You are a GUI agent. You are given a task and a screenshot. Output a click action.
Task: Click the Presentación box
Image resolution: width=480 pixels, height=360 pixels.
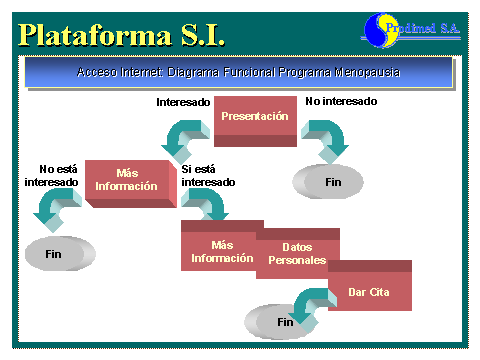coord(255,117)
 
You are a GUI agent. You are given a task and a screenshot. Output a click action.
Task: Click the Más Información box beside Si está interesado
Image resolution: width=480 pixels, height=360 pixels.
coord(128,180)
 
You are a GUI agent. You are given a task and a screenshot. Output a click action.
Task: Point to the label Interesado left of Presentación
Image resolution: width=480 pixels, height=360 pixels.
coord(183,102)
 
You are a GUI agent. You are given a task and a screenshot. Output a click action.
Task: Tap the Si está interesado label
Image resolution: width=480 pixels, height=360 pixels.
coord(209,175)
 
